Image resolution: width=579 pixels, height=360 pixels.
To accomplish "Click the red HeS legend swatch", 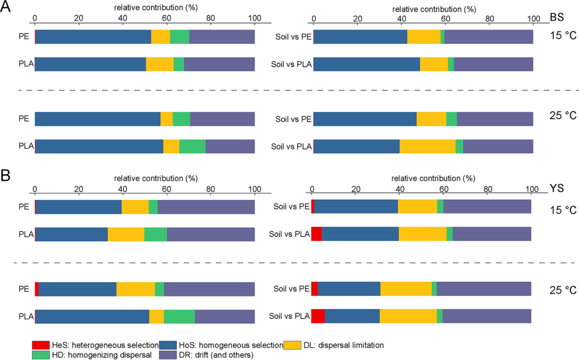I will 41,344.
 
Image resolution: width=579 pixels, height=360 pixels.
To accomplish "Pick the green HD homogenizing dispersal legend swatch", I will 41,354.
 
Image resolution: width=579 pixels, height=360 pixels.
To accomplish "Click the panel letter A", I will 6,9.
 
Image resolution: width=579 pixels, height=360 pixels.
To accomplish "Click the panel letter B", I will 6,175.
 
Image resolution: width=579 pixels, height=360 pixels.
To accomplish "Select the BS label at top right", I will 556,18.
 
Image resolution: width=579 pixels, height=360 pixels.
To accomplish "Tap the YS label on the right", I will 556,188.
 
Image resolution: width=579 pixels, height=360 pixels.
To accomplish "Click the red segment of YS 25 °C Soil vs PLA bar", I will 318,316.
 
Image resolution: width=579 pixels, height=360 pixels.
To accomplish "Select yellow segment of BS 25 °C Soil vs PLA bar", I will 427,146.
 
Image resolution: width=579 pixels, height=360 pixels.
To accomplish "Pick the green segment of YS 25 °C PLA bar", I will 179,317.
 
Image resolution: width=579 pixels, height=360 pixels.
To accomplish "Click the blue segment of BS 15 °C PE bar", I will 93,36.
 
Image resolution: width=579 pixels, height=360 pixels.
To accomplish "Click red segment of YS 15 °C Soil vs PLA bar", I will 316,234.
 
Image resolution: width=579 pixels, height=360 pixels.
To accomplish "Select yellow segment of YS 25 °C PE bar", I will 136,289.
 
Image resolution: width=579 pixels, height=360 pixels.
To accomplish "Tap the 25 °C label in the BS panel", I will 563,114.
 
